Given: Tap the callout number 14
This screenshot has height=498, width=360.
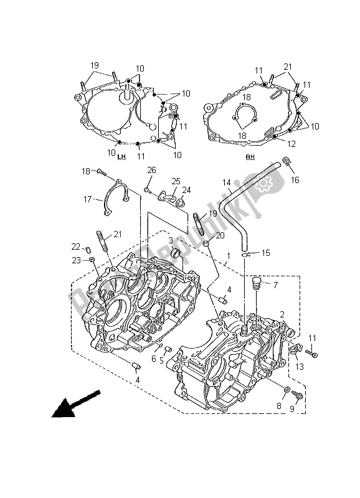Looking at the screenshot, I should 227,184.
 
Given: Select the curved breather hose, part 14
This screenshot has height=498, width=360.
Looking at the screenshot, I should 233,212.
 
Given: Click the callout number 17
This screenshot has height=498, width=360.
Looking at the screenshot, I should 88,200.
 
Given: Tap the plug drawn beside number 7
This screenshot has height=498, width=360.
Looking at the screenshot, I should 253,287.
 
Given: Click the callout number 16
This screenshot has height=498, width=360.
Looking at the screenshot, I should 295,179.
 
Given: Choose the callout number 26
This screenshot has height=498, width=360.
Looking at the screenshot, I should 151,171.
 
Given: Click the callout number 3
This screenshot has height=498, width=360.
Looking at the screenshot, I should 171,240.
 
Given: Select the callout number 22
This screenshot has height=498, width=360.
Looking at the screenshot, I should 75,247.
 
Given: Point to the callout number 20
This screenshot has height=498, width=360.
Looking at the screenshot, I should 220,236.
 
